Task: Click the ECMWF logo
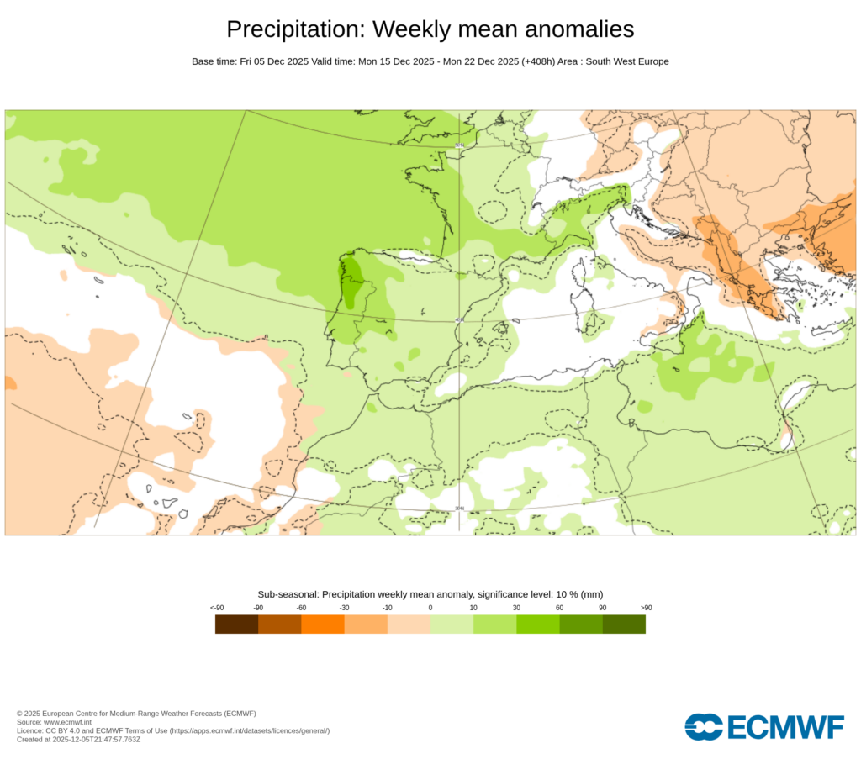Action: pyautogui.click(x=763, y=727)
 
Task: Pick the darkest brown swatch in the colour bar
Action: pyautogui.click(x=236, y=625)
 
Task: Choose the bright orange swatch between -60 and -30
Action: pyautogui.click(x=323, y=625)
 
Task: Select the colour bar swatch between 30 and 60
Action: pyautogui.click(x=538, y=625)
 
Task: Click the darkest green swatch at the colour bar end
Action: pyautogui.click(x=624, y=625)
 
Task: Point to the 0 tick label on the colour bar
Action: pyautogui.click(x=430, y=607)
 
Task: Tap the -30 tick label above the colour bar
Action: pyautogui.click(x=344, y=607)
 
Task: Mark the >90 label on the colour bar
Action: pyautogui.click(x=646, y=607)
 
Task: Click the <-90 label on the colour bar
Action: pyautogui.click(x=216, y=607)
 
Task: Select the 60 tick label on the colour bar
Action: pyautogui.click(x=559, y=607)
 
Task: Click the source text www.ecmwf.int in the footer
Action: pyautogui.click(x=67, y=722)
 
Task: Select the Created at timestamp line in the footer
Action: pyautogui.click(x=78, y=740)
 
